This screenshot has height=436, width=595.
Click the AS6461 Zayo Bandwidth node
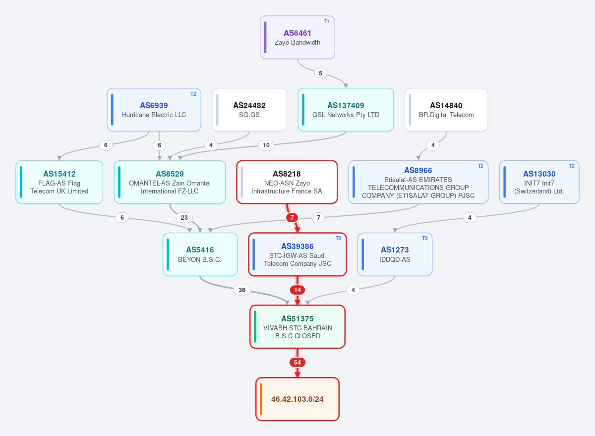pyautogui.click(x=297, y=37)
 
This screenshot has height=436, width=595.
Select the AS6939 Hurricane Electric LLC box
pyautogui.click(x=154, y=110)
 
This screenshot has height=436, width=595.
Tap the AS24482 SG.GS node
pyautogui.click(x=249, y=110)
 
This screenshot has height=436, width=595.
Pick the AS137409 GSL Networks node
pyautogui.click(x=346, y=110)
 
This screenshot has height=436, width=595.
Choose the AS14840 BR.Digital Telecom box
pyautogui.click(x=446, y=110)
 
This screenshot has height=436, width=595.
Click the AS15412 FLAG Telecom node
pyautogui.click(x=59, y=182)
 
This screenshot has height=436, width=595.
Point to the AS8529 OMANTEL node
pyautogui.click(x=170, y=182)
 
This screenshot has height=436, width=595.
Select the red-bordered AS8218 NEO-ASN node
pyautogui.click(x=287, y=182)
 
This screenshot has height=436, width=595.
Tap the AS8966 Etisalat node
pyautogui.click(x=418, y=182)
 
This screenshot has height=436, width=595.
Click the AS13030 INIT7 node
pyautogui.click(x=539, y=182)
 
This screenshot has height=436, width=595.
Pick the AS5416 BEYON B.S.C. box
pyautogui.click(x=200, y=254)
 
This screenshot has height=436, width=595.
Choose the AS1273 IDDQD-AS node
pyautogui.click(x=395, y=254)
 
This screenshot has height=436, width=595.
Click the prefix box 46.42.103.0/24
pyautogui.click(x=297, y=399)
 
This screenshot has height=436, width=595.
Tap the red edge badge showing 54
pyautogui.click(x=297, y=363)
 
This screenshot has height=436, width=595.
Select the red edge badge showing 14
pyautogui.click(x=297, y=290)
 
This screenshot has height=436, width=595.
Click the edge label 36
pyautogui.click(x=242, y=290)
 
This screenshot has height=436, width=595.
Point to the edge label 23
pyautogui.click(x=184, y=218)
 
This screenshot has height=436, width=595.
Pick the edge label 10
pyautogui.click(x=266, y=145)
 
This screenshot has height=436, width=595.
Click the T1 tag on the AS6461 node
pyautogui.click(x=327, y=21)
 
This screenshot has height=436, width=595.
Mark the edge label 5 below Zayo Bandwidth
pyautogui.click(x=320, y=73)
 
